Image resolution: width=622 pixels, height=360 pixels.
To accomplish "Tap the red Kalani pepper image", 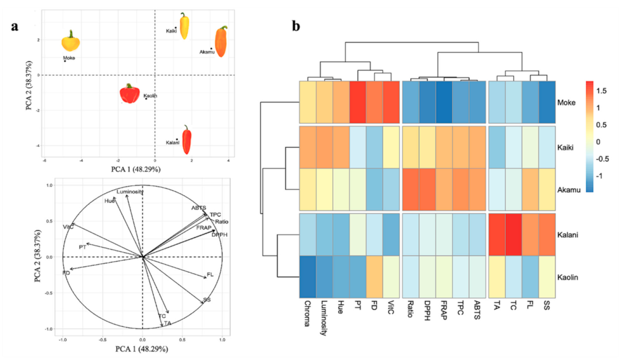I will pos(186,140).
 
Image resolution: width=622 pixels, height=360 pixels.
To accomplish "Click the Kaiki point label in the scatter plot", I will pos(171,31).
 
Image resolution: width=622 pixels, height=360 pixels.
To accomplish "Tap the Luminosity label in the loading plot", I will pos(130,192).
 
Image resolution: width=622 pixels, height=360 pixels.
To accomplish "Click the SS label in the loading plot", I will pos(206,300).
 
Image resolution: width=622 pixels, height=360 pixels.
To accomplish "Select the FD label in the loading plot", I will pos(66,273).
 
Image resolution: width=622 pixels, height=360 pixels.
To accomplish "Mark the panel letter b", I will pos(296,24).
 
